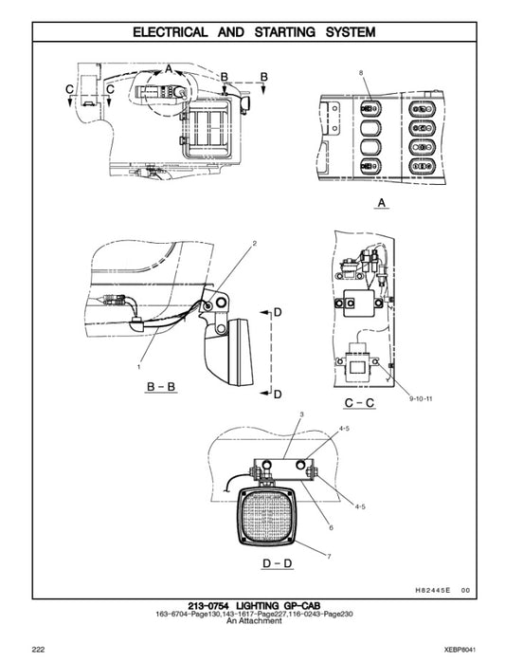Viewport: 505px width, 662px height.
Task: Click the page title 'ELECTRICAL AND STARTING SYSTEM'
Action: tap(253, 31)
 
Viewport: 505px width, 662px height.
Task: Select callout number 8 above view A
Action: tap(361, 73)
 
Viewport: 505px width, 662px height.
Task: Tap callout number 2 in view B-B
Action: tap(255, 244)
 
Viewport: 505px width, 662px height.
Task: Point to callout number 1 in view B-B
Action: tap(138, 366)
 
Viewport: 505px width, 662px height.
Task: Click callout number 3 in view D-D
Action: tap(301, 415)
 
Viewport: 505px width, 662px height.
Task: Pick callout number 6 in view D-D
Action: tap(330, 527)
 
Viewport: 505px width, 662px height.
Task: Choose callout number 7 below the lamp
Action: tap(330, 557)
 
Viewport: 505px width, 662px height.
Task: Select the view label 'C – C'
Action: tap(361, 403)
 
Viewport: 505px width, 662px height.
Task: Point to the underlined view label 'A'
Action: tap(381, 204)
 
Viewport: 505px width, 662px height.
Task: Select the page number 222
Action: tap(38, 649)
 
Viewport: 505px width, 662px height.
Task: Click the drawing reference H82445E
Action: tap(433, 590)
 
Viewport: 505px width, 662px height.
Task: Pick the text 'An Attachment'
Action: tap(253, 620)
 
